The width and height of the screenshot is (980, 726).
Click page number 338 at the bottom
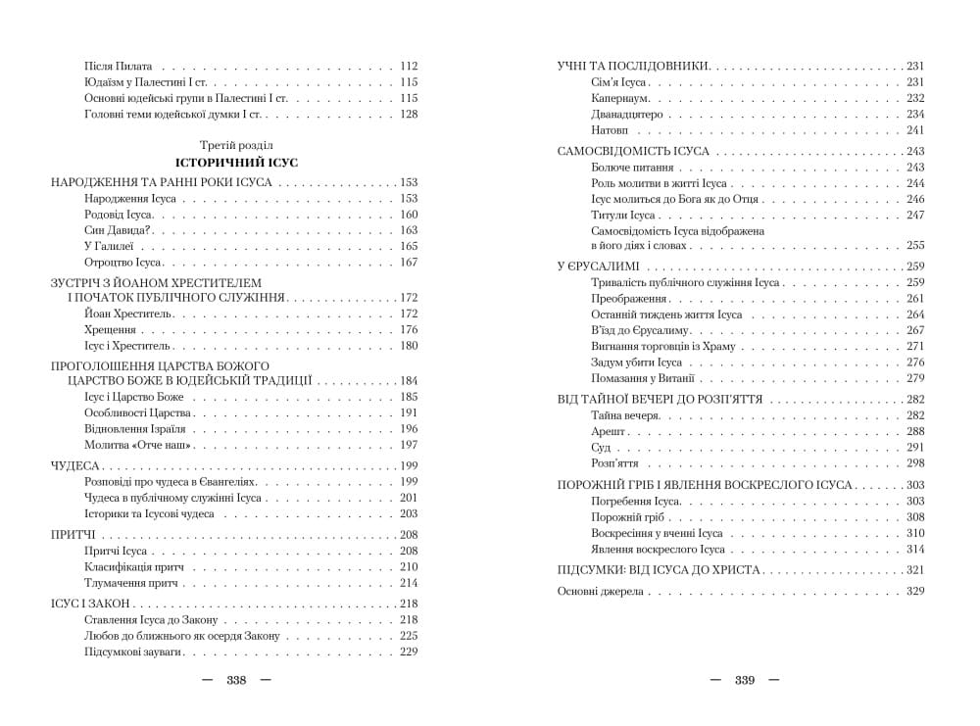click(235, 680)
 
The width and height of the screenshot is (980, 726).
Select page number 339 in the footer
click(744, 680)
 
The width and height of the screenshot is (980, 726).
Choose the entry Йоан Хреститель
click(128, 314)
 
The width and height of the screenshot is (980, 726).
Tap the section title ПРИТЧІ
click(73, 534)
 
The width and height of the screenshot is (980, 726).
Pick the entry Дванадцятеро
click(627, 115)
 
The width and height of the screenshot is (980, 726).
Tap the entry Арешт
click(609, 431)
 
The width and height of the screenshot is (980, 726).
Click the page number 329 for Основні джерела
click(915, 591)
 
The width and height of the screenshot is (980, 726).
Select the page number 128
click(409, 115)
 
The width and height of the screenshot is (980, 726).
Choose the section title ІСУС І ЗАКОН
click(89, 604)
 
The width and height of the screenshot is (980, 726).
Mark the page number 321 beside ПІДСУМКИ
click(915, 569)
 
